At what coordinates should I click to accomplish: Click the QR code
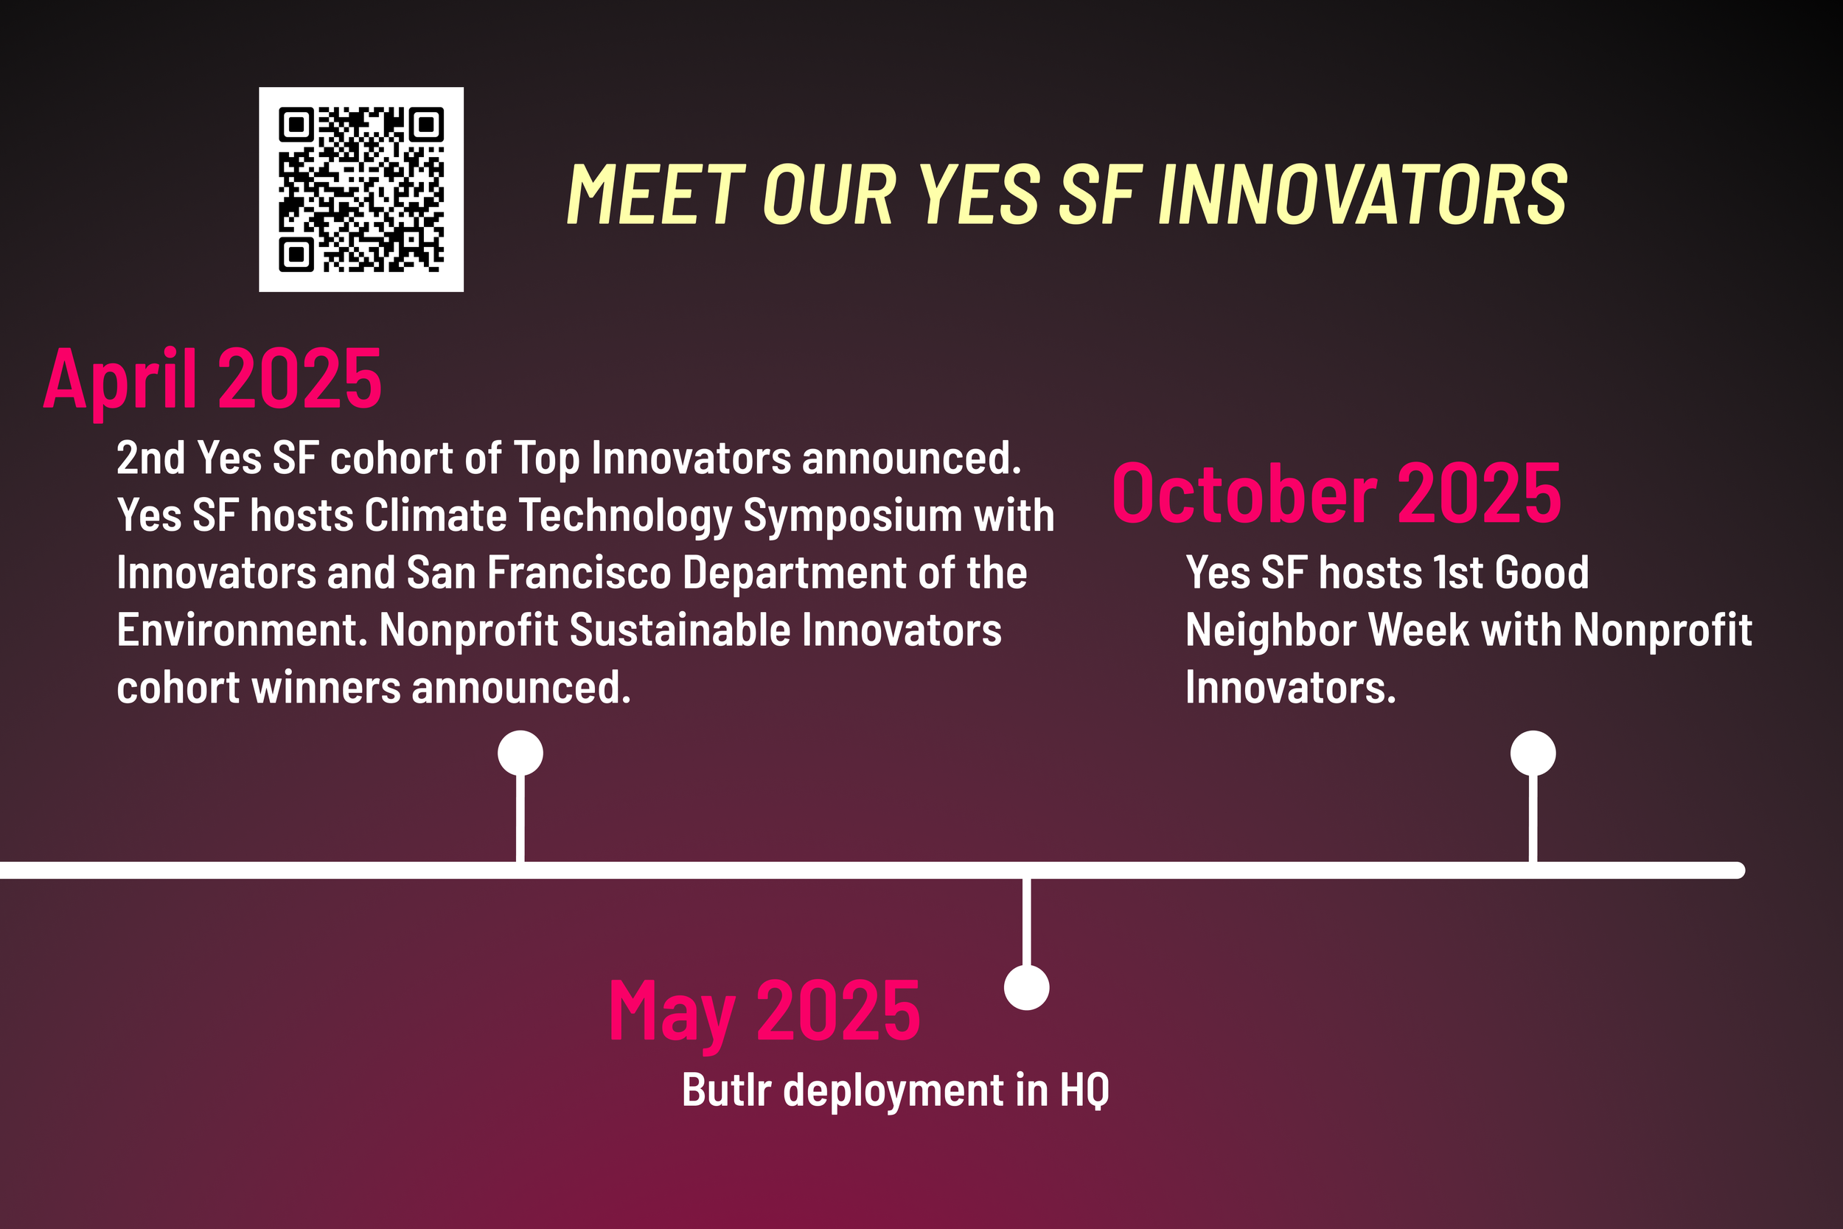point(361,189)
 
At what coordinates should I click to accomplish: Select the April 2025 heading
point(212,380)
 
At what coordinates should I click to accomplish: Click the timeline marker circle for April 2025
point(520,753)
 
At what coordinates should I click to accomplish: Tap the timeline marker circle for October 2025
point(1533,753)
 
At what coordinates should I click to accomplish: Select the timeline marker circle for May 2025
point(1026,988)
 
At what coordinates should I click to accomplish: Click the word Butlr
point(726,1090)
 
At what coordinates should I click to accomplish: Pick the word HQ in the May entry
point(1084,1090)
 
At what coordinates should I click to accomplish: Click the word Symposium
point(852,517)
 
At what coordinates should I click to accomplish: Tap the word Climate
point(436,517)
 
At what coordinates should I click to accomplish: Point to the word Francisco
point(579,573)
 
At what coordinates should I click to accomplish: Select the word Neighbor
point(1271,630)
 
